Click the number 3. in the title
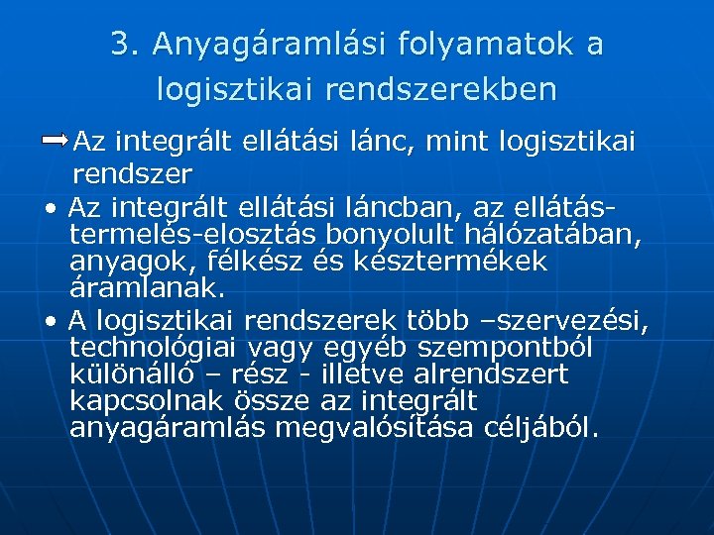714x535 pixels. (127, 45)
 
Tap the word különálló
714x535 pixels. (140, 374)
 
